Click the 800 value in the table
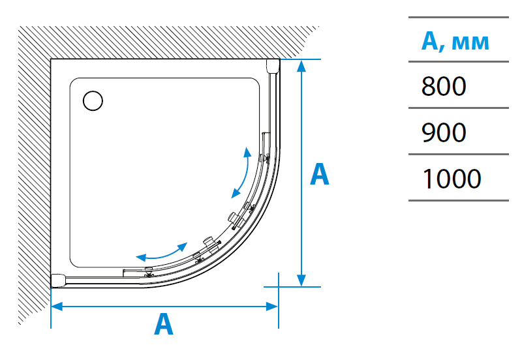click(444, 86)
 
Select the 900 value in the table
click(444, 132)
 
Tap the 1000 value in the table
click(452, 179)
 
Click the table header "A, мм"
click(455, 41)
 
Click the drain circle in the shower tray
click(93, 101)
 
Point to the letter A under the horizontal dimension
click(164, 324)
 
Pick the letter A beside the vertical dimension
click(319, 174)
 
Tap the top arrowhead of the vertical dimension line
click(301, 66)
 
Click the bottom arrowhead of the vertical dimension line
click(301, 280)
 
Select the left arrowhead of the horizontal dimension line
click(57, 307)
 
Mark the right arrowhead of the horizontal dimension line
click(272, 307)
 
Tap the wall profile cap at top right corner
click(273, 66)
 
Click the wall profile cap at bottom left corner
click(58, 280)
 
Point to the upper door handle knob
click(233, 218)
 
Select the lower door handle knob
click(209, 241)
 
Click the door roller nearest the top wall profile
click(267, 158)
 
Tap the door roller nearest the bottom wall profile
click(149, 274)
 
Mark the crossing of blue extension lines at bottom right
click(279, 287)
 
